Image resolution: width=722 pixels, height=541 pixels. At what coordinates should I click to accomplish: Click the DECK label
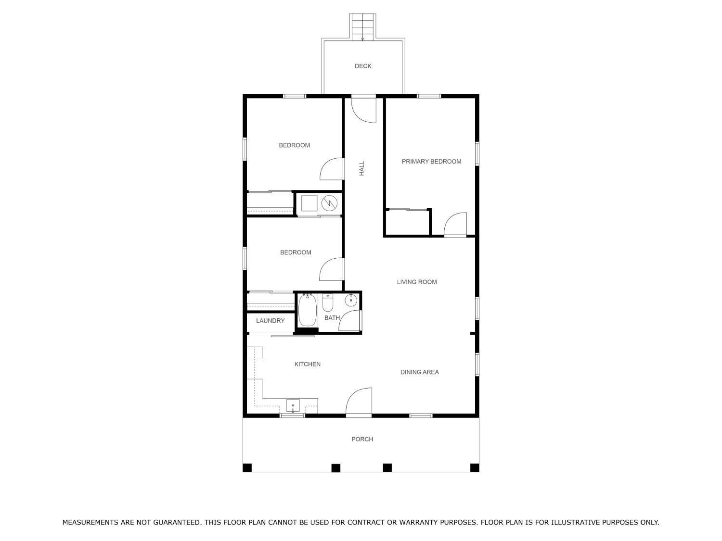coord(363,66)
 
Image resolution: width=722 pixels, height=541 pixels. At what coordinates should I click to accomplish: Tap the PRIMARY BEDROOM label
coord(431,161)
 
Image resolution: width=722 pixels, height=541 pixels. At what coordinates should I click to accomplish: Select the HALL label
coord(361,168)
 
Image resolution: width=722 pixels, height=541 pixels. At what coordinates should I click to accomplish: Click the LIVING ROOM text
coord(417,282)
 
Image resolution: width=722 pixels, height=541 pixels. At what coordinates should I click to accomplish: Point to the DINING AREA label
coord(419,372)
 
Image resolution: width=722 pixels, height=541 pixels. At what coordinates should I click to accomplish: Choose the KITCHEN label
coord(307,364)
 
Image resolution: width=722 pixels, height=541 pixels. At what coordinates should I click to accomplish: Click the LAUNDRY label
coord(271,321)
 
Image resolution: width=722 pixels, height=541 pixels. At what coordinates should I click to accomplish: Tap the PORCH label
coord(362,439)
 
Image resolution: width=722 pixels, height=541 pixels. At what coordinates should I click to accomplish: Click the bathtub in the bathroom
coord(308,310)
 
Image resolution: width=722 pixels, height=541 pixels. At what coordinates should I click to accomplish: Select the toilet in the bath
coord(328,302)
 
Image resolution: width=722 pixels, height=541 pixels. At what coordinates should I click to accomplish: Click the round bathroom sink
coord(351,300)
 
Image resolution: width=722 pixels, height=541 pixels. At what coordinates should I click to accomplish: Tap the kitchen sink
coord(293,406)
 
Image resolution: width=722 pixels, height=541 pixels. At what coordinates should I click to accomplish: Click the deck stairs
coord(362,27)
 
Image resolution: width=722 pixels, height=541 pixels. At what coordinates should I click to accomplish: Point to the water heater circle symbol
coord(329,203)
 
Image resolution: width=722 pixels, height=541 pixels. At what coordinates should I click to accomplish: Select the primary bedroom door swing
coord(455,224)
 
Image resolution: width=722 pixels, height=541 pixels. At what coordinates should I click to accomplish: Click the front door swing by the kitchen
coord(359,401)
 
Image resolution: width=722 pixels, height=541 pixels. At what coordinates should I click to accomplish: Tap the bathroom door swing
coord(350,320)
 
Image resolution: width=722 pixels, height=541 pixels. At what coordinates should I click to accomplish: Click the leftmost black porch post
coord(247,468)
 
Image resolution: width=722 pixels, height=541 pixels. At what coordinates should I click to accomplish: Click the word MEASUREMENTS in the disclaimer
coord(90,522)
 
